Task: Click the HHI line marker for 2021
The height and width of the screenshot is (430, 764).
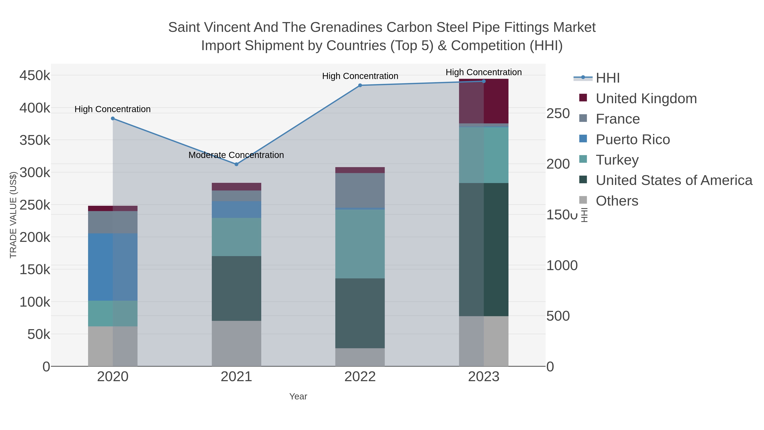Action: [x=236, y=164]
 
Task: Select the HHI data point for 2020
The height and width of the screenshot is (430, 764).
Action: [x=113, y=118]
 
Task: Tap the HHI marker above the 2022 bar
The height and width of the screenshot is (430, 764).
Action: [x=360, y=85]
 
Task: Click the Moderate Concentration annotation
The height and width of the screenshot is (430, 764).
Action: [x=236, y=155]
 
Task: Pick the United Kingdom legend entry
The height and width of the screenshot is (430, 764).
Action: [x=646, y=99]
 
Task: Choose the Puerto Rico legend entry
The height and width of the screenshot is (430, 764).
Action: [x=633, y=140]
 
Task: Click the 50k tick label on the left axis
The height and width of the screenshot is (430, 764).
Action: [x=39, y=334]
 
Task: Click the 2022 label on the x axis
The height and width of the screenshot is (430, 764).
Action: [x=360, y=377]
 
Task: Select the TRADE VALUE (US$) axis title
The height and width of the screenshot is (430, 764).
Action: [x=13, y=215]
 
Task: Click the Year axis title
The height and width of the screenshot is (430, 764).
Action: [x=298, y=396]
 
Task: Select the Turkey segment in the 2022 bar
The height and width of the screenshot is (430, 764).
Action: [x=360, y=244]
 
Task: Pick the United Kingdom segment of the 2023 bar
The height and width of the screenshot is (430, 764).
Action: [x=484, y=101]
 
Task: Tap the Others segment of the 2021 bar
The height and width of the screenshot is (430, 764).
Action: [x=236, y=343]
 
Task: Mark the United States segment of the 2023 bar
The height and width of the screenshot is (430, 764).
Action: [x=484, y=249]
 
